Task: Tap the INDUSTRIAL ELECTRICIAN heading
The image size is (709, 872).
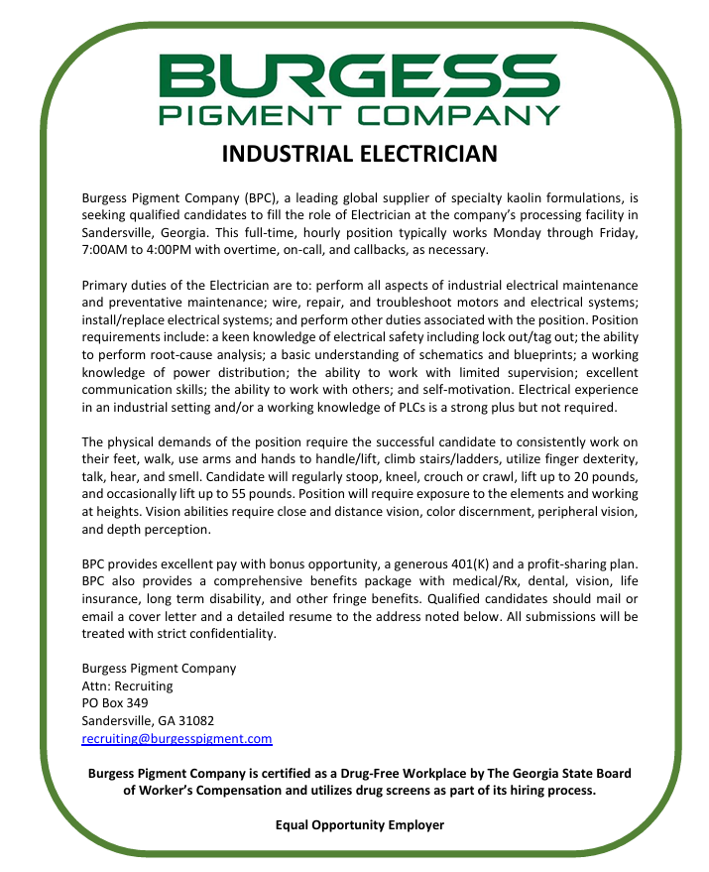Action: coord(359,155)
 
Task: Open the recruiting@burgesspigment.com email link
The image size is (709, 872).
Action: coord(177,739)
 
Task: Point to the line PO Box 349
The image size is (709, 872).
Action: coord(114,703)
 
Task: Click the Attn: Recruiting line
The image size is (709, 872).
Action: coord(127,685)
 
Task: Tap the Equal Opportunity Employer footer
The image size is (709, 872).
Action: coord(359,825)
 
